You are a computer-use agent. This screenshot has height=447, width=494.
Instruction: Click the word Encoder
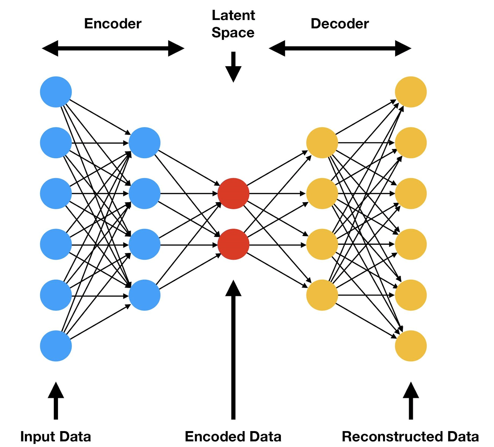tap(113, 24)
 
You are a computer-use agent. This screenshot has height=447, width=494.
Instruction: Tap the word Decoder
tap(339, 24)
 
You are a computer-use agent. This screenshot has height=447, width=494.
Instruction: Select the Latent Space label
tap(233, 24)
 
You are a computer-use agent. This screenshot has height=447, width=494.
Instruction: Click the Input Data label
tap(56, 436)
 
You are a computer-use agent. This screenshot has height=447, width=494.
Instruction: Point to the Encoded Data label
tap(233, 436)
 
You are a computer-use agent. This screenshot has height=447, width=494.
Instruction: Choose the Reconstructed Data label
tap(410, 436)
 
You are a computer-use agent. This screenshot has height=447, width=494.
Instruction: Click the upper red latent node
tap(233, 193)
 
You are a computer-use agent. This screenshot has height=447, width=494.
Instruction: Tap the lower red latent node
tap(233, 244)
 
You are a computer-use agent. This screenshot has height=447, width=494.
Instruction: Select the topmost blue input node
tap(56, 92)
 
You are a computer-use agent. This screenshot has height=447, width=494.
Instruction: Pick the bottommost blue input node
tap(56, 346)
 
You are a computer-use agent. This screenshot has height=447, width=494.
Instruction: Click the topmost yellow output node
tap(411, 92)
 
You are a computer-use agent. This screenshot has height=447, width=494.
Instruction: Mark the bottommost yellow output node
tap(411, 346)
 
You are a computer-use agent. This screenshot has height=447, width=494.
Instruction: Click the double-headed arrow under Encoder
tap(113, 48)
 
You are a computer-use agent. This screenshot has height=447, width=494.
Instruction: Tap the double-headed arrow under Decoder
tap(340, 48)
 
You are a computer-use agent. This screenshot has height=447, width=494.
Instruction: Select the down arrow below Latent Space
tap(233, 67)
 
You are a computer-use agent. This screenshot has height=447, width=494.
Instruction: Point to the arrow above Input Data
tap(56, 401)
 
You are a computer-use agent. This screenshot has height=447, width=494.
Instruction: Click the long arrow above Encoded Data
tap(233, 350)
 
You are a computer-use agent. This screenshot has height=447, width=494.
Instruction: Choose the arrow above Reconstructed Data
tap(411, 401)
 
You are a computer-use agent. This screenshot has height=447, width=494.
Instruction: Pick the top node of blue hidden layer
tap(145, 143)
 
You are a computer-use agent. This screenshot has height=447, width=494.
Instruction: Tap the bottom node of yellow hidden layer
tap(322, 295)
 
